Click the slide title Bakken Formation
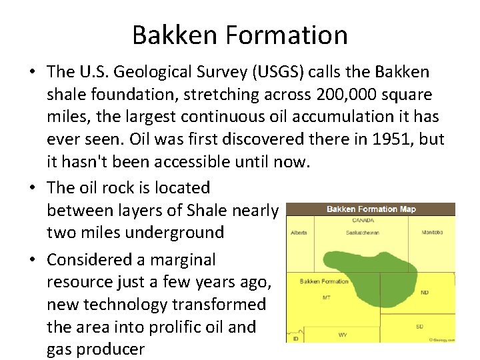[239, 35]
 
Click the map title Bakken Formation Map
[371, 209]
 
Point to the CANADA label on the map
[365, 219]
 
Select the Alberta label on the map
[299, 233]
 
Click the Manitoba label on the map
[431, 233]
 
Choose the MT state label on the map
[326, 297]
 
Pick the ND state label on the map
[425, 292]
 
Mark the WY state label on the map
[342, 333]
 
